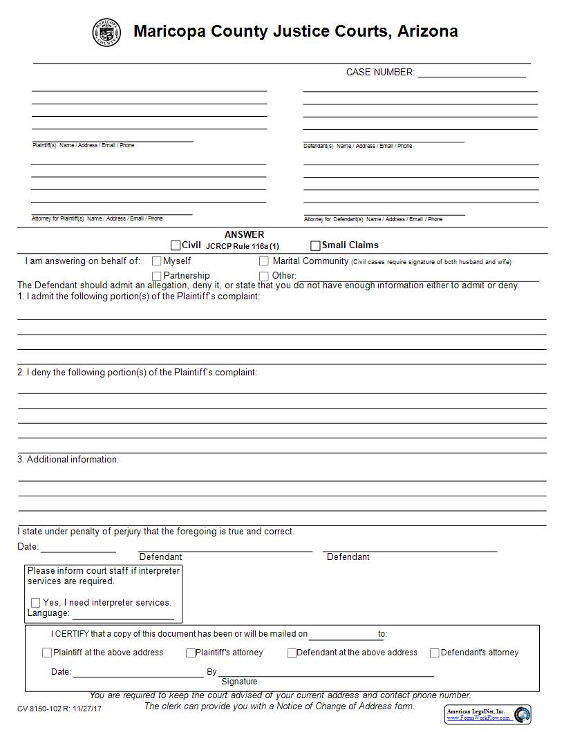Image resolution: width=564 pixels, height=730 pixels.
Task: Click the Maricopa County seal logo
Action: [106, 32]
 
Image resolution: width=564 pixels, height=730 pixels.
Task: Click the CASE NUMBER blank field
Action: [471, 73]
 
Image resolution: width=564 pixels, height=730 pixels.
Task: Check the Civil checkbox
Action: [176, 245]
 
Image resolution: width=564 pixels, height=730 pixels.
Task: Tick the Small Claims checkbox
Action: [315, 245]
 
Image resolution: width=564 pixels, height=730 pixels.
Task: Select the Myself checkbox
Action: [157, 261]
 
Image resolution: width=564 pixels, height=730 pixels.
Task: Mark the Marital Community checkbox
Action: [264, 261]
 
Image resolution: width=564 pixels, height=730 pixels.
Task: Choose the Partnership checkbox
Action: [157, 276]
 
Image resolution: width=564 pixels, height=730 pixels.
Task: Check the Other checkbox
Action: [264, 276]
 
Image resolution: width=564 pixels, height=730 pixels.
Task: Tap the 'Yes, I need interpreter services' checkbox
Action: [36, 603]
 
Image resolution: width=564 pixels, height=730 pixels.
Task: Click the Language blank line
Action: [123, 615]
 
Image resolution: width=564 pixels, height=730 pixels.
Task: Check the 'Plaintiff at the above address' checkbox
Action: [47, 653]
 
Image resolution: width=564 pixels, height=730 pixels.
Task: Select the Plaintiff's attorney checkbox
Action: [191, 653]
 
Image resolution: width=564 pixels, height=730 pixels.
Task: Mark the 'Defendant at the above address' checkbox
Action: [292, 653]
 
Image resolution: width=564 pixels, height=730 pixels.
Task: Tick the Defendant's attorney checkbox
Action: [435, 653]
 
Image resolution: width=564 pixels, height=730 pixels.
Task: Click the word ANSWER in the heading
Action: [244, 234]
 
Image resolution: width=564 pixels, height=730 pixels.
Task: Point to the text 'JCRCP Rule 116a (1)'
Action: [243, 246]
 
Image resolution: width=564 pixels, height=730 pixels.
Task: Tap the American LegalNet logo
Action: [488, 714]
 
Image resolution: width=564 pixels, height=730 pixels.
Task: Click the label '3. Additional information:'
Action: [68, 459]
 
